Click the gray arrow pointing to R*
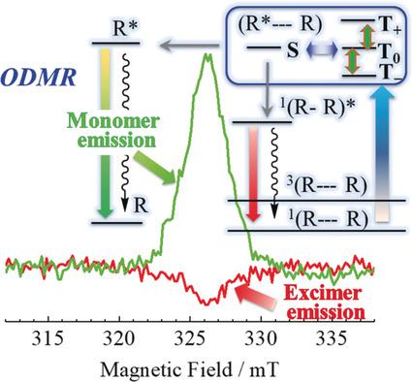[x=189, y=43]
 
